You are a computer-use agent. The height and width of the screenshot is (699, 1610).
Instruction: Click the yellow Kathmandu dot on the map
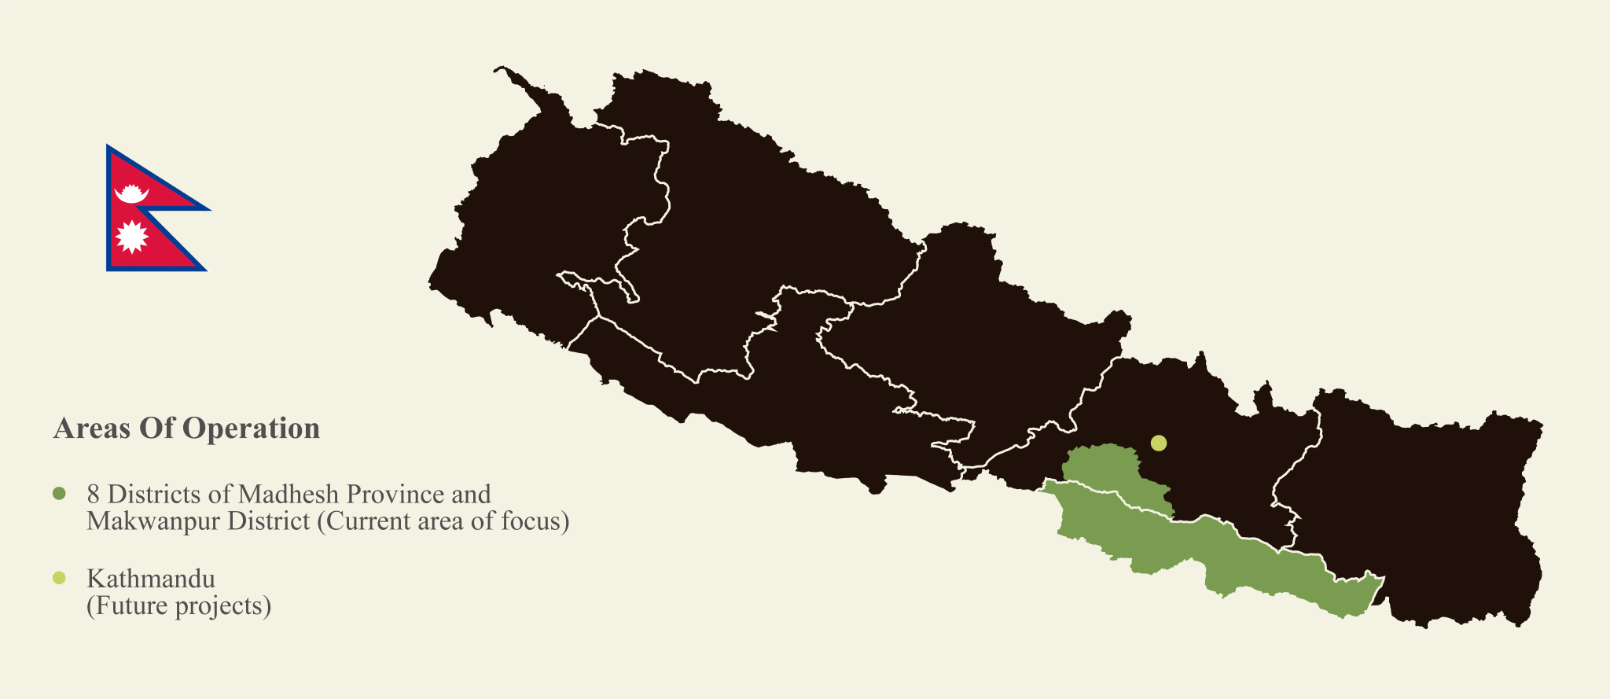[1158, 443]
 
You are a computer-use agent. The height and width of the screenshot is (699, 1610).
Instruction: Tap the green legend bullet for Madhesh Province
[58, 494]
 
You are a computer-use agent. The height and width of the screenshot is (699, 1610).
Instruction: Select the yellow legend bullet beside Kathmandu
[58, 579]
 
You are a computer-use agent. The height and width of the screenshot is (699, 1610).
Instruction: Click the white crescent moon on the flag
[131, 195]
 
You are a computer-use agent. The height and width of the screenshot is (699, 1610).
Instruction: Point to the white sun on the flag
[131, 236]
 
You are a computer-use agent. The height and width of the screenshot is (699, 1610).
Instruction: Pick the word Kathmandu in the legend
[151, 579]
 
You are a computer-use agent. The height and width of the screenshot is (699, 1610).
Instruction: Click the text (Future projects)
[178, 606]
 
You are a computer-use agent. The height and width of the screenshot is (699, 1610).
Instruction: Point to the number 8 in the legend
[94, 494]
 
